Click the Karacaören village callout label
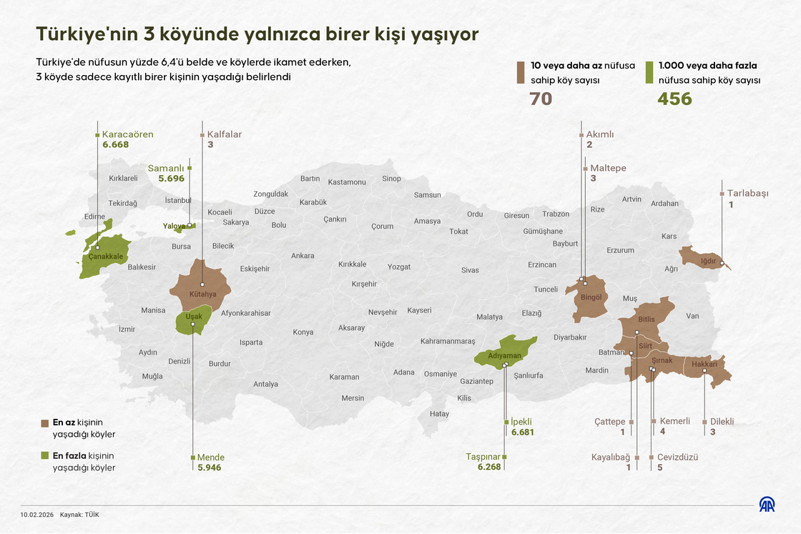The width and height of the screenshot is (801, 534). [127, 134]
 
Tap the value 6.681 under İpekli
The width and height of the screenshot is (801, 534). [522, 432]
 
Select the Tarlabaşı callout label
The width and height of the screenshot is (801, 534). [747, 194]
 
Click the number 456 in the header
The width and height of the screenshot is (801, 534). [674, 99]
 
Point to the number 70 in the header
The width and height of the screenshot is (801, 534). [541, 99]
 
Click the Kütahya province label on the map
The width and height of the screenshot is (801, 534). [202, 294]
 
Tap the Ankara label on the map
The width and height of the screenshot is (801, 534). [303, 256]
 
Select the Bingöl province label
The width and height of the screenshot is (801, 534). [591, 297]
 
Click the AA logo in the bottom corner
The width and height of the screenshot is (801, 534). [768, 505]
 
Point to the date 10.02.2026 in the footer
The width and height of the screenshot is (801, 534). [37, 514]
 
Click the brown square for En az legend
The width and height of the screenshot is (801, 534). [46, 423]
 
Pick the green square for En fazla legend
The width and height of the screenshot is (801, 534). [46, 455]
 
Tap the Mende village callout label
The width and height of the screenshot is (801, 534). [210, 458]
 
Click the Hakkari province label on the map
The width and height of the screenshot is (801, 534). [704, 365]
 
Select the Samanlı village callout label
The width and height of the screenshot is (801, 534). [166, 169]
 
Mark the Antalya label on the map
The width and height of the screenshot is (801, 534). [265, 384]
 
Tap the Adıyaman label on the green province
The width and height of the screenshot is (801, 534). [504, 355]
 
